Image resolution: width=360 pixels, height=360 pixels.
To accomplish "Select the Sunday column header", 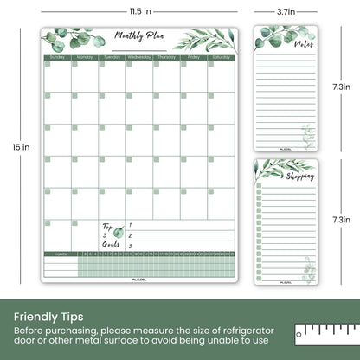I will [x=57, y=57].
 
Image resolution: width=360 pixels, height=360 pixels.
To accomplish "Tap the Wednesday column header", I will [x=139, y=57].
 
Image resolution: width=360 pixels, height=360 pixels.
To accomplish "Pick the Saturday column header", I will [x=222, y=57].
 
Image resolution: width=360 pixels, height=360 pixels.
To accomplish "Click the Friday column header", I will [x=195, y=57].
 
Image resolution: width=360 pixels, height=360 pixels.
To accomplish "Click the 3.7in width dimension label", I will [x=288, y=11].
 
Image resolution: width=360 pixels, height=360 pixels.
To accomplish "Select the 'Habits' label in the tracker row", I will [x=58, y=254].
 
